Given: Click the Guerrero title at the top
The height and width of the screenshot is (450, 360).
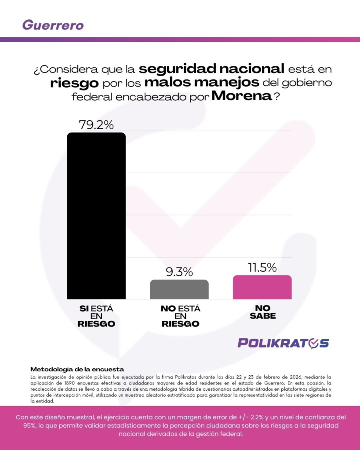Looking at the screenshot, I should click(53, 25).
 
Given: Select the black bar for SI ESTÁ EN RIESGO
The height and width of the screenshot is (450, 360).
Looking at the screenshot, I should click(96, 215).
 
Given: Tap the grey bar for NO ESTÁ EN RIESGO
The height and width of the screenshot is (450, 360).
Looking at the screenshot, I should click(179, 290).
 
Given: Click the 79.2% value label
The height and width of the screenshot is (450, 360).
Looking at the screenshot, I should click(96, 125).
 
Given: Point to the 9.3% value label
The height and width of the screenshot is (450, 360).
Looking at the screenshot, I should click(179, 272).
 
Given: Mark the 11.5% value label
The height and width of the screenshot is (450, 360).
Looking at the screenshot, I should click(262, 267).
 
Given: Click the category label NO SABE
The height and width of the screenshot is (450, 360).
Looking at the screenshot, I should click(262, 312).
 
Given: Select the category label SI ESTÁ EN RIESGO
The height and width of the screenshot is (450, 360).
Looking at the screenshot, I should click(96, 316).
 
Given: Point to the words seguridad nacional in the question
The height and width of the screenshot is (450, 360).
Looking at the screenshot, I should click(211, 69).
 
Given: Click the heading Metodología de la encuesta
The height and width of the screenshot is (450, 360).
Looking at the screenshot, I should click(77, 369).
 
